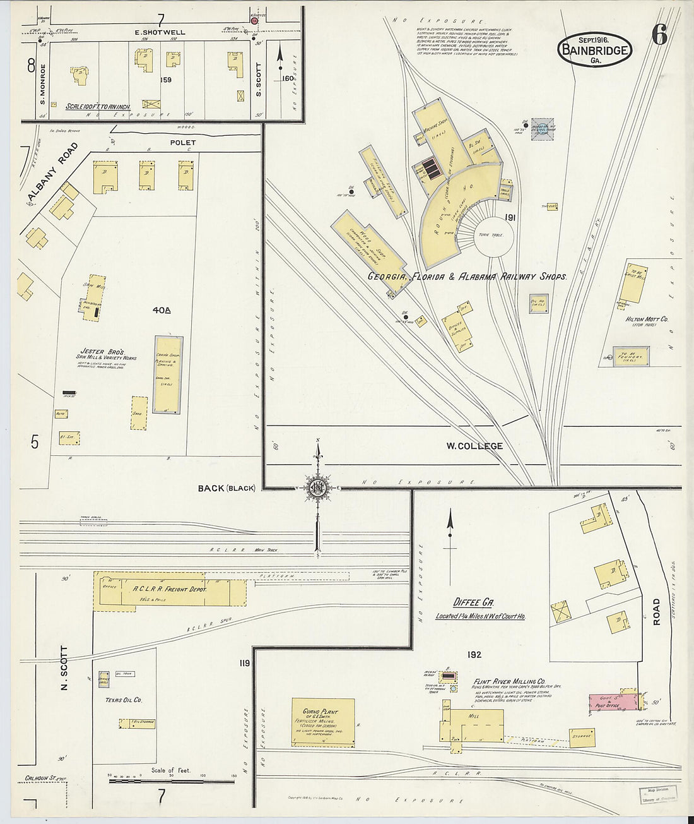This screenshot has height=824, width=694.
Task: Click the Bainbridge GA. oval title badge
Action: tap(594, 49)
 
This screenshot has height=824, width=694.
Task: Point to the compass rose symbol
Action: tap(317, 487)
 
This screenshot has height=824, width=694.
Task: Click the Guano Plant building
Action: tap(322, 722)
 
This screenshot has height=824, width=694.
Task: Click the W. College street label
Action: tap(474, 446)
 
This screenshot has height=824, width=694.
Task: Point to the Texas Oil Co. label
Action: tap(124, 700)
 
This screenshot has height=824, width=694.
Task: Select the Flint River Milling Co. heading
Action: tap(509, 681)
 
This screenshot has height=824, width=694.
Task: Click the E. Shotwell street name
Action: tap(160, 32)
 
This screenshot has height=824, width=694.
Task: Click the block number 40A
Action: tap(162, 310)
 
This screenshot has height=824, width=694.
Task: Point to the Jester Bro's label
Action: tap(102, 351)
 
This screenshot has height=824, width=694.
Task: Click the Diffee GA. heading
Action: tap(474, 602)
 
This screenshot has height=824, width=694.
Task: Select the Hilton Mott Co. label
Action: tap(647, 319)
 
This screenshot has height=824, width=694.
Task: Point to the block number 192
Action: tap(474, 655)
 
